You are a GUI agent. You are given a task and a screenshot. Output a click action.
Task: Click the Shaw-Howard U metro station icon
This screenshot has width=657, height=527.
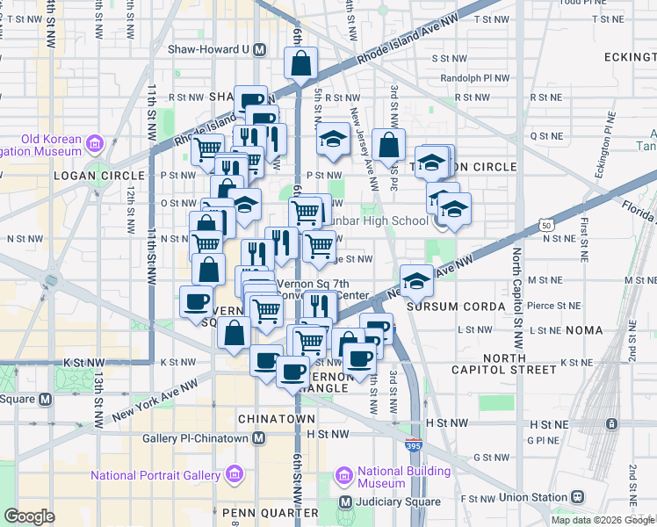pos(259,50)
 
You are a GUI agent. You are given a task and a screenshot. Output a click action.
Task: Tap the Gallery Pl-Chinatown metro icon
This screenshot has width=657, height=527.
pos(259,437)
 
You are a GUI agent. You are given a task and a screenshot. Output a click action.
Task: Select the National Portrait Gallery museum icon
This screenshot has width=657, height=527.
pos(235,476)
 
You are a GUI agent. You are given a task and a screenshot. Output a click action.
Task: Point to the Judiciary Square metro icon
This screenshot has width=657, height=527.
pos(346,502)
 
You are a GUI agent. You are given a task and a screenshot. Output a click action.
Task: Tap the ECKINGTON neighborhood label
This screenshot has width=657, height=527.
pos(623,56)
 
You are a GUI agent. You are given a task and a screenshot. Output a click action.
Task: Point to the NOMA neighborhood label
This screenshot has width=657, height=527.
pos(585,330)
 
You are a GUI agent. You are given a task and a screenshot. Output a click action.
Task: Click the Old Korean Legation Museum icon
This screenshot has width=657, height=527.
pos(94,142)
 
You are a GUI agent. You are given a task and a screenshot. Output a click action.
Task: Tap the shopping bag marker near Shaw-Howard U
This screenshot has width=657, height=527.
pos(300,63)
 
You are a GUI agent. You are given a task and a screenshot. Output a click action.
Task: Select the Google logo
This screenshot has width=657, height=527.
pos(30,516)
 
